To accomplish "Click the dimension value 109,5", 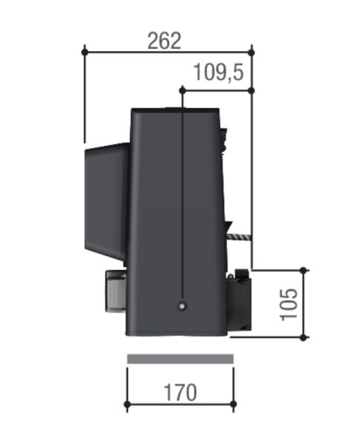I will [x=219, y=73].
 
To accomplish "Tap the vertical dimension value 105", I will [x=289, y=303].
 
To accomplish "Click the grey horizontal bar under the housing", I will [x=180, y=359].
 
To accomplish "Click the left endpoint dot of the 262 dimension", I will [x=85, y=51].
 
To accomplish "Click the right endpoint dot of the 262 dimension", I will [x=252, y=51].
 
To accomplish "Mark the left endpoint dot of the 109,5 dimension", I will [x=181, y=90].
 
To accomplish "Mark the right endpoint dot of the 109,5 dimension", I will [x=252, y=90].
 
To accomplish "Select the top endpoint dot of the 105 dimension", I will [x=303, y=269].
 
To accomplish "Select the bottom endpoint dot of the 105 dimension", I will [x=303, y=337].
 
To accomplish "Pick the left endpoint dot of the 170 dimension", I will [x=127, y=405].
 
